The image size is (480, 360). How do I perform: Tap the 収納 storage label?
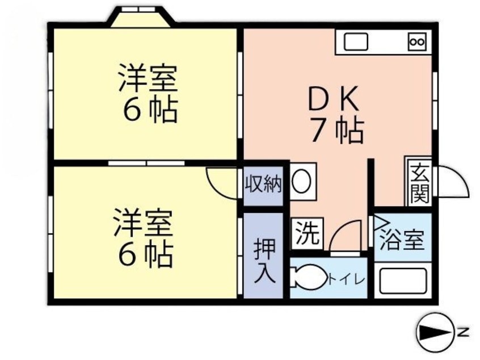[263, 184]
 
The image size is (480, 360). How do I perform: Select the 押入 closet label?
[264, 261]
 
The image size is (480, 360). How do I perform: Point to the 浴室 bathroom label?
[402, 240]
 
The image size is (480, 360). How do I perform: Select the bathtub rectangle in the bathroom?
[403, 281]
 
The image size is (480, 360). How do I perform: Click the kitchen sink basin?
[355, 41]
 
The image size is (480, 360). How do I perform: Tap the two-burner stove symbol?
[416, 41]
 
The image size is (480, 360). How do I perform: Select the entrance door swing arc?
[453, 181]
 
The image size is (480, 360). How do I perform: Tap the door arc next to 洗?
[346, 235]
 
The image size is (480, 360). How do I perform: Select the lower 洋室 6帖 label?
[144, 238]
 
